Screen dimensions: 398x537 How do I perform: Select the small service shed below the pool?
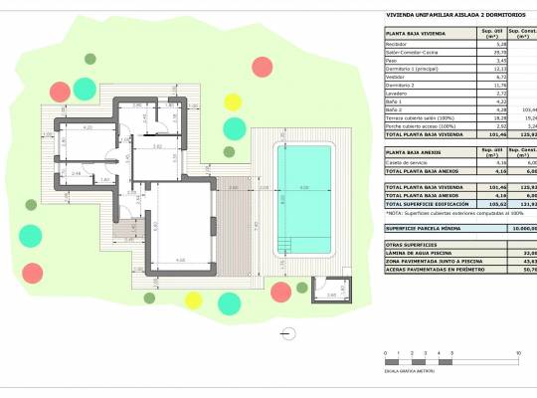(x=324, y=286)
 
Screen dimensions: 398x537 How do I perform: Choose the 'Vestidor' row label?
(x=398, y=77)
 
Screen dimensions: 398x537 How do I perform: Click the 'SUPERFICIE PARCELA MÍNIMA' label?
(x=426, y=228)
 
